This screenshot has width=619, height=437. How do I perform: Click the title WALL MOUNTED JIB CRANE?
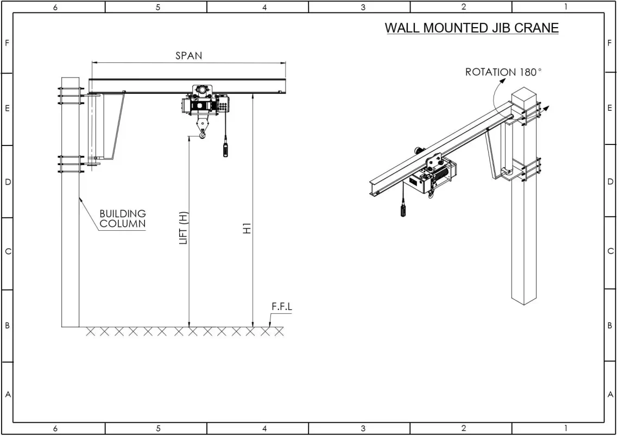[x=472, y=28]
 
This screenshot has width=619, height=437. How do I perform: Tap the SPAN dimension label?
[x=189, y=56]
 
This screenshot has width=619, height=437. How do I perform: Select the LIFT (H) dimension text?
[x=184, y=228]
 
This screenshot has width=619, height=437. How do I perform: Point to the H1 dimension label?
[x=247, y=229]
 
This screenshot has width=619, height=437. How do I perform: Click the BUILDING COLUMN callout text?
[x=123, y=219]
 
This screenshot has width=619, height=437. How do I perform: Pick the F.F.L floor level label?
[x=282, y=307]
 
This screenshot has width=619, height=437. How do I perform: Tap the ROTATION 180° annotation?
[x=503, y=72]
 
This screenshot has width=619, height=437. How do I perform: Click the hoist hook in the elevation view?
[x=203, y=135]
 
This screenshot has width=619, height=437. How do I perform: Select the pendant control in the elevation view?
[x=225, y=147]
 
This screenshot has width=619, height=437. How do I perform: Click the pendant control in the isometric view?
[x=403, y=209]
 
